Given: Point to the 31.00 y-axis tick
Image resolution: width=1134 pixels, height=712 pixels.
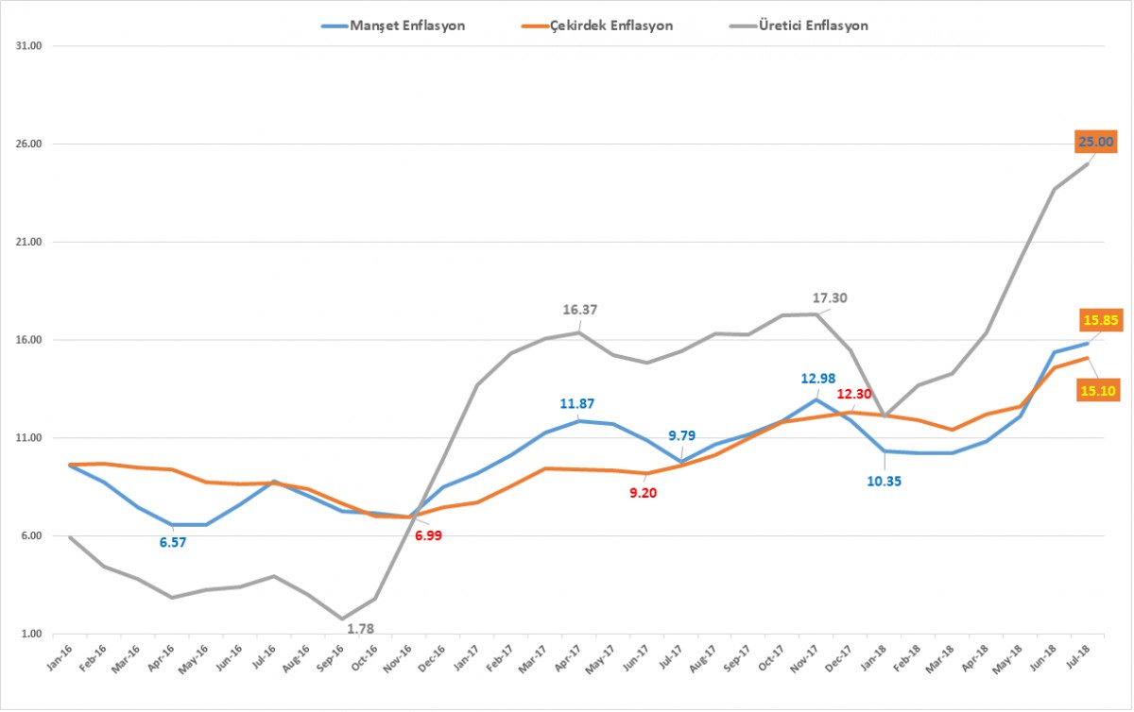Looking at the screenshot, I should click(x=32, y=45).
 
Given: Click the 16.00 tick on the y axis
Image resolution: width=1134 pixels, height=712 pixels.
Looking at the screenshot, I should click(x=32, y=340).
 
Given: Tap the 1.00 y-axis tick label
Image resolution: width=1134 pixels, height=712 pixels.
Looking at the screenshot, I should click(x=34, y=635).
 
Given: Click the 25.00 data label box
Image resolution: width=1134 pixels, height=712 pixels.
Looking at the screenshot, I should click(x=1095, y=143).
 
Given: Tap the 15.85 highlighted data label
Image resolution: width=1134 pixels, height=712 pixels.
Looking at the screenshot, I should click(x=1100, y=320).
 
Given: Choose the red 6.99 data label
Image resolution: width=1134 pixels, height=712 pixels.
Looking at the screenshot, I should click(x=424, y=535).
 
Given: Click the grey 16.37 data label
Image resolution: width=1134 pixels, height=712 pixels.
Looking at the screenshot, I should click(x=580, y=309).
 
